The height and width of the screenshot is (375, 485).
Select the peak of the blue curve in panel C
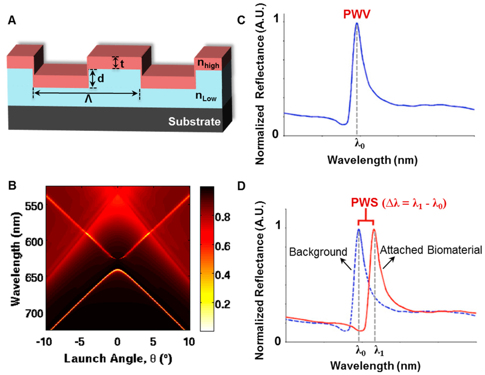(x=357, y=23)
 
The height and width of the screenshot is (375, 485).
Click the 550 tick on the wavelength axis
(x=32, y=206)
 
